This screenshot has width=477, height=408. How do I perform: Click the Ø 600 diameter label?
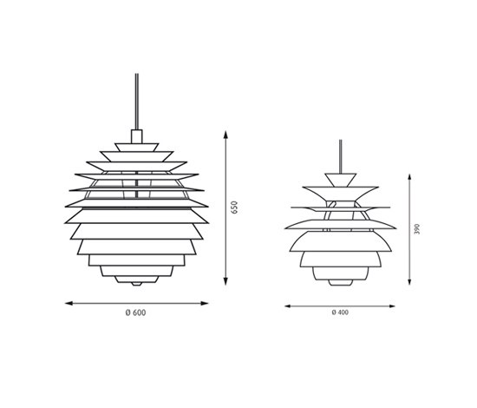point(135,313)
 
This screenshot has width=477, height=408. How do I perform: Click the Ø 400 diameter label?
point(340,313)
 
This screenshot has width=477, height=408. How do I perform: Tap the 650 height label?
point(234,207)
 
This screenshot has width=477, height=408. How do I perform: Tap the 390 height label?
point(417,229)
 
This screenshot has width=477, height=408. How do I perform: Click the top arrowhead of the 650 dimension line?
point(225,135)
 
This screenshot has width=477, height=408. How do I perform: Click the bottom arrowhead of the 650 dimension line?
point(225,281)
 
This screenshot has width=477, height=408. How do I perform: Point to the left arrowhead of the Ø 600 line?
point(69,303)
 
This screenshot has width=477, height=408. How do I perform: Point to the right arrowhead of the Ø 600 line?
point(205,303)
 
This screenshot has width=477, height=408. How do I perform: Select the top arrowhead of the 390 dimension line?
point(409,178)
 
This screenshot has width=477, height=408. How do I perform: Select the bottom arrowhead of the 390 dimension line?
point(409,281)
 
